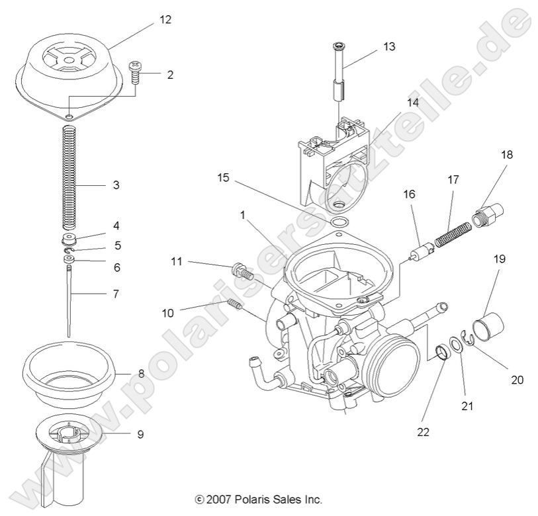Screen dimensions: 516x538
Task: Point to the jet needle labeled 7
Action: tap(70, 298)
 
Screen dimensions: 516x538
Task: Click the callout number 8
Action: tap(141, 374)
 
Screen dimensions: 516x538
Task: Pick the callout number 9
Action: tap(140, 435)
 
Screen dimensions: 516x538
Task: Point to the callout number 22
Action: tap(424, 433)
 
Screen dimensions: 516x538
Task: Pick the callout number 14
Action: tap(412, 103)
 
